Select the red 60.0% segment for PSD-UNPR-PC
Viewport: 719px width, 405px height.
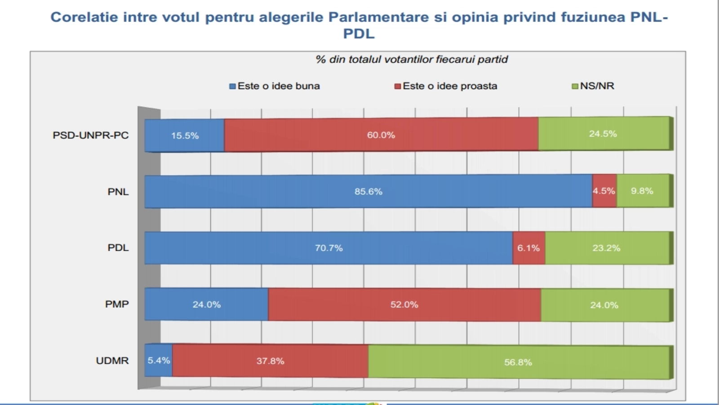pyautogui.click(x=381, y=135)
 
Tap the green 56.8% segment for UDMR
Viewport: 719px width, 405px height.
pyautogui.click(x=518, y=362)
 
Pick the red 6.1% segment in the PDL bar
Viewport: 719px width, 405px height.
pyautogui.click(x=528, y=248)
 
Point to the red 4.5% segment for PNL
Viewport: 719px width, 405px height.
pyautogui.click(x=604, y=191)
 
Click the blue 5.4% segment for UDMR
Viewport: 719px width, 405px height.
pyautogui.click(x=159, y=360)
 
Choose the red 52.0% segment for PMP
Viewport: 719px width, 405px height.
pyautogui.click(x=404, y=305)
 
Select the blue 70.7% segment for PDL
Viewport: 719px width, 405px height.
pyautogui.click(x=328, y=248)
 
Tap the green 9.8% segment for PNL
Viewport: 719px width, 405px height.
pyautogui.click(x=642, y=191)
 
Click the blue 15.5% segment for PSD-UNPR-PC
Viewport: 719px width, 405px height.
pyautogui.click(x=185, y=135)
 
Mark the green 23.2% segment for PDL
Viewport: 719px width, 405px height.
pyautogui.click(x=606, y=248)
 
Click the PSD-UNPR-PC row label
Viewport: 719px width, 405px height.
pyautogui.click(x=91, y=135)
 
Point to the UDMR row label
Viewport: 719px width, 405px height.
pyautogui.click(x=112, y=360)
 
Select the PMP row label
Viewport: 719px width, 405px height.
pyautogui.click(x=117, y=304)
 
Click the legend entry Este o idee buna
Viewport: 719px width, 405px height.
pyautogui.click(x=275, y=86)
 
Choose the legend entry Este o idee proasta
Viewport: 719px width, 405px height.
pyautogui.click(x=446, y=86)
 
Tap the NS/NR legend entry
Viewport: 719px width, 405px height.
pyautogui.click(x=593, y=86)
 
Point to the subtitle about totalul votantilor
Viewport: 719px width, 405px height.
pyautogui.click(x=412, y=59)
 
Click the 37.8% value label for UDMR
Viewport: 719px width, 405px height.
pyautogui.click(x=270, y=361)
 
